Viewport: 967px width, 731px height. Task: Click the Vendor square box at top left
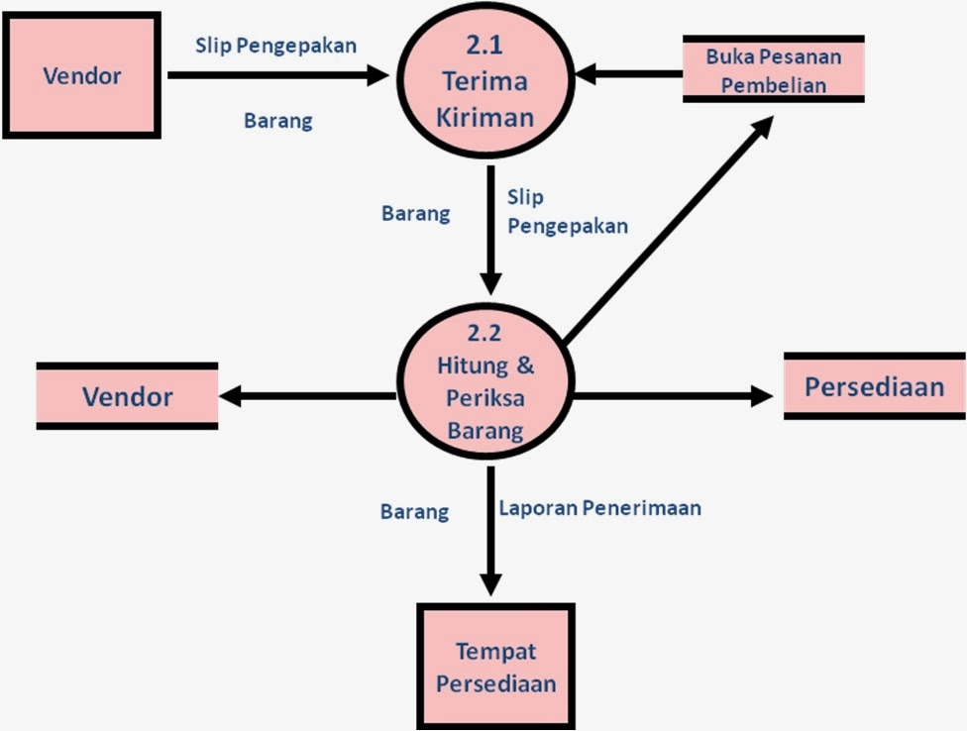click(81, 75)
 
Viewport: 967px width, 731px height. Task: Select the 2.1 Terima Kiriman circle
click(486, 85)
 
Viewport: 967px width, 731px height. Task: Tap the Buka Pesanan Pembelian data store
click(773, 69)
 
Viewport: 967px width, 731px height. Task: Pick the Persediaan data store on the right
click(874, 386)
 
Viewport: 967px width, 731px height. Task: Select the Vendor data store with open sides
click(127, 396)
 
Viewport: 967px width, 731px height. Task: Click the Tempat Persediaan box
click(496, 667)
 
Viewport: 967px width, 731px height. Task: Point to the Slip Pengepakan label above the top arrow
click(275, 46)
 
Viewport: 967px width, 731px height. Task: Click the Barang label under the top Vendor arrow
click(277, 122)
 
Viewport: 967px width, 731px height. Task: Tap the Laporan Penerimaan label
click(599, 508)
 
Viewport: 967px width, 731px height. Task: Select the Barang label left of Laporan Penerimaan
click(414, 512)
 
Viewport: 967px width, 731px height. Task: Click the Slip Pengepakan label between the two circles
click(566, 212)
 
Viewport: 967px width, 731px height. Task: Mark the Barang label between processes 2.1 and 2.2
click(415, 213)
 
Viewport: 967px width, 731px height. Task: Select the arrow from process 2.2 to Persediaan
click(674, 396)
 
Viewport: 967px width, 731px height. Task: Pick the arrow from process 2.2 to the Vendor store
click(307, 396)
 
